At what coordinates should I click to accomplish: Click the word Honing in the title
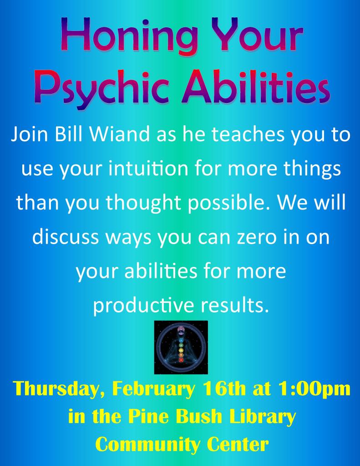[131, 36]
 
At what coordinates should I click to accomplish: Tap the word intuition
[148, 168]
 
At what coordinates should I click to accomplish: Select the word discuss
[66, 236]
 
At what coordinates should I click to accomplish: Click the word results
[235, 305]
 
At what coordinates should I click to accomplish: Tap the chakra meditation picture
[181, 347]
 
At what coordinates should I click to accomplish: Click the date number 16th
[224, 388]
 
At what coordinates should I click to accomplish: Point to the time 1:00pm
[314, 389]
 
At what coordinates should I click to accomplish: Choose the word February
[153, 389]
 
